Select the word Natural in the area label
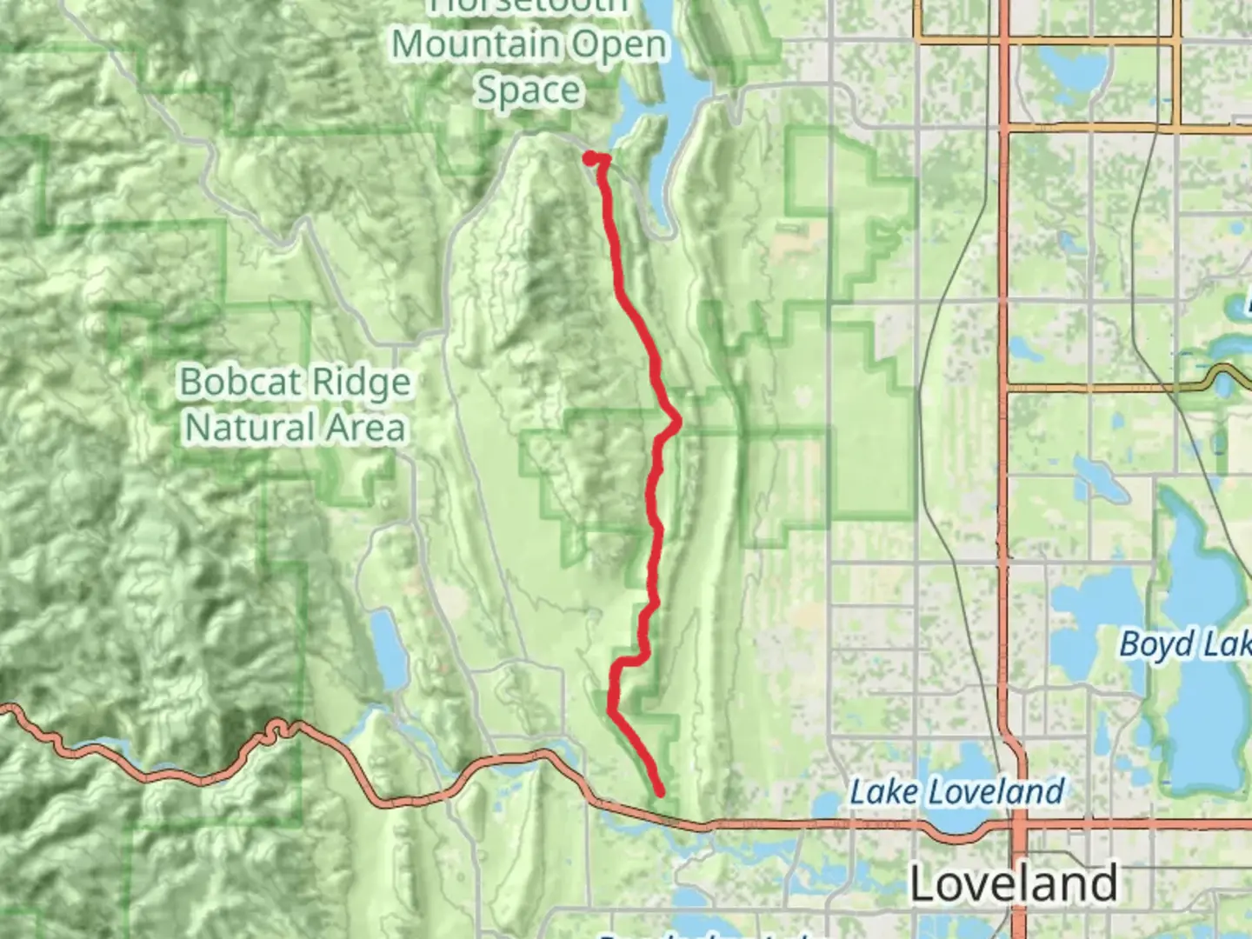coord(251,428)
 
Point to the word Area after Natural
coord(364,428)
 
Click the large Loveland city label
coord(1014,884)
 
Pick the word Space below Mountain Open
coord(529,90)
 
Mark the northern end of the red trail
coord(590,158)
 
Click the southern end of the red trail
coord(661,792)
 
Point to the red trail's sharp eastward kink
coord(676,423)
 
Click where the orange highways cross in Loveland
coord(1016,823)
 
